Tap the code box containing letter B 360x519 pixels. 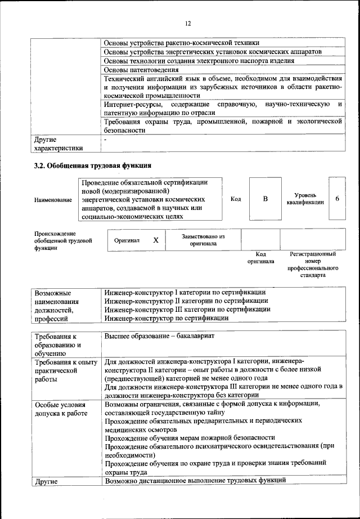pos(265,199)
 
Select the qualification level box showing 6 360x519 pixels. pos(336,199)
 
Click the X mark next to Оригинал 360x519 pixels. pos(156,240)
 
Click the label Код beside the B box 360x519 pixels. pos(235,199)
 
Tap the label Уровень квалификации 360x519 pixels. pos(304,198)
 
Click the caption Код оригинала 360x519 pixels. pos(260,258)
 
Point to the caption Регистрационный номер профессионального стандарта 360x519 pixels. pos(313,265)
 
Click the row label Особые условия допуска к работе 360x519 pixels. pos(61,409)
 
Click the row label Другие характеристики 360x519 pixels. pos(58,143)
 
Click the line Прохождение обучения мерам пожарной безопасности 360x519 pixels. pos(190,437)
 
